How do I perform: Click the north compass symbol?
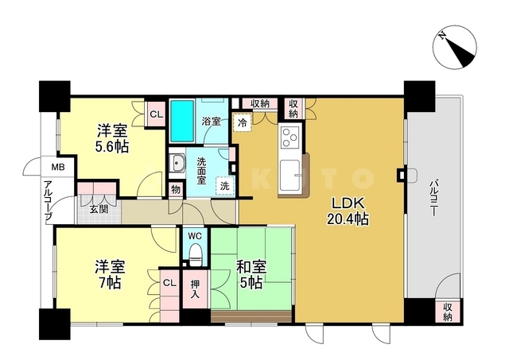(455, 47)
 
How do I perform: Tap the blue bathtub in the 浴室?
(182, 121)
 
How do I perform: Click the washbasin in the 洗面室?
(177, 163)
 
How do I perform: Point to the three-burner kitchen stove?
(289, 137)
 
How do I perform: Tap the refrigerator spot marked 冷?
(243, 122)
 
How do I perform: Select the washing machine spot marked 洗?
(225, 186)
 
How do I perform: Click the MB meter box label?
(58, 168)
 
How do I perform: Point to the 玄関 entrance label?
(99, 210)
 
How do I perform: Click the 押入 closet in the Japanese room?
(195, 289)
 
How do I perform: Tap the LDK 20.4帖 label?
(348, 211)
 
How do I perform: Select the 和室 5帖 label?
(251, 274)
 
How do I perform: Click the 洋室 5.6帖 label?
(111, 139)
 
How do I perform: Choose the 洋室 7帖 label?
(110, 274)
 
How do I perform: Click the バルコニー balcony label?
(433, 199)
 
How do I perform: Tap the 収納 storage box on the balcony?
(448, 312)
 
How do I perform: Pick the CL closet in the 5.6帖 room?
(156, 114)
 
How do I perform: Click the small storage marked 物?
(176, 189)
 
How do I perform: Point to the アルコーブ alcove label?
(49, 200)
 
